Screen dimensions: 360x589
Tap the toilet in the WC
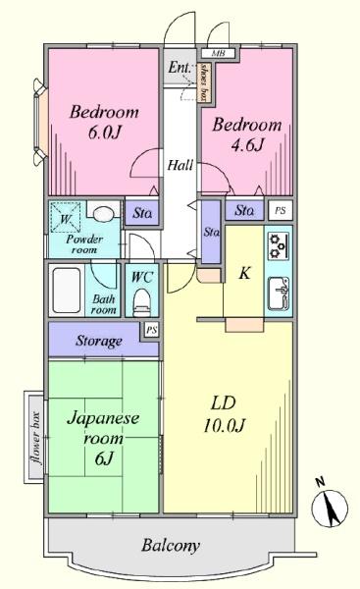pos(142,301)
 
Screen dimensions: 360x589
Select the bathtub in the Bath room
pos(67,290)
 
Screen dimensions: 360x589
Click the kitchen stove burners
pos(279,246)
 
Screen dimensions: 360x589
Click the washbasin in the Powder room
pos(102,215)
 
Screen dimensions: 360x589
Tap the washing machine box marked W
pos(66,218)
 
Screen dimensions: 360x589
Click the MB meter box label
pos(218,53)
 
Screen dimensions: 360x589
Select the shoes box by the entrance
pos(205,82)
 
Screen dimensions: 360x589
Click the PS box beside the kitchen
pos(280,210)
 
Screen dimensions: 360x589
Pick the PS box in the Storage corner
pos(151,330)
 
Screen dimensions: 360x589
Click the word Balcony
pos(171,546)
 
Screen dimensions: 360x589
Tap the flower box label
pos(36,438)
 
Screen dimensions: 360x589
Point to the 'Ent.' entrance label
pos(180,68)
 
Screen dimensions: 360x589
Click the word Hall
pos(180,165)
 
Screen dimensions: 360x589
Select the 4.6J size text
pos(246,144)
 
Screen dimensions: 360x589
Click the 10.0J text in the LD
pos(224,426)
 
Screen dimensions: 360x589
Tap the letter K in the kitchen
pos(245,273)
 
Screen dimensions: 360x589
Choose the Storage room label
pos(99,341)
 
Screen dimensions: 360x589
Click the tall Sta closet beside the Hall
pos(211,232)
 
